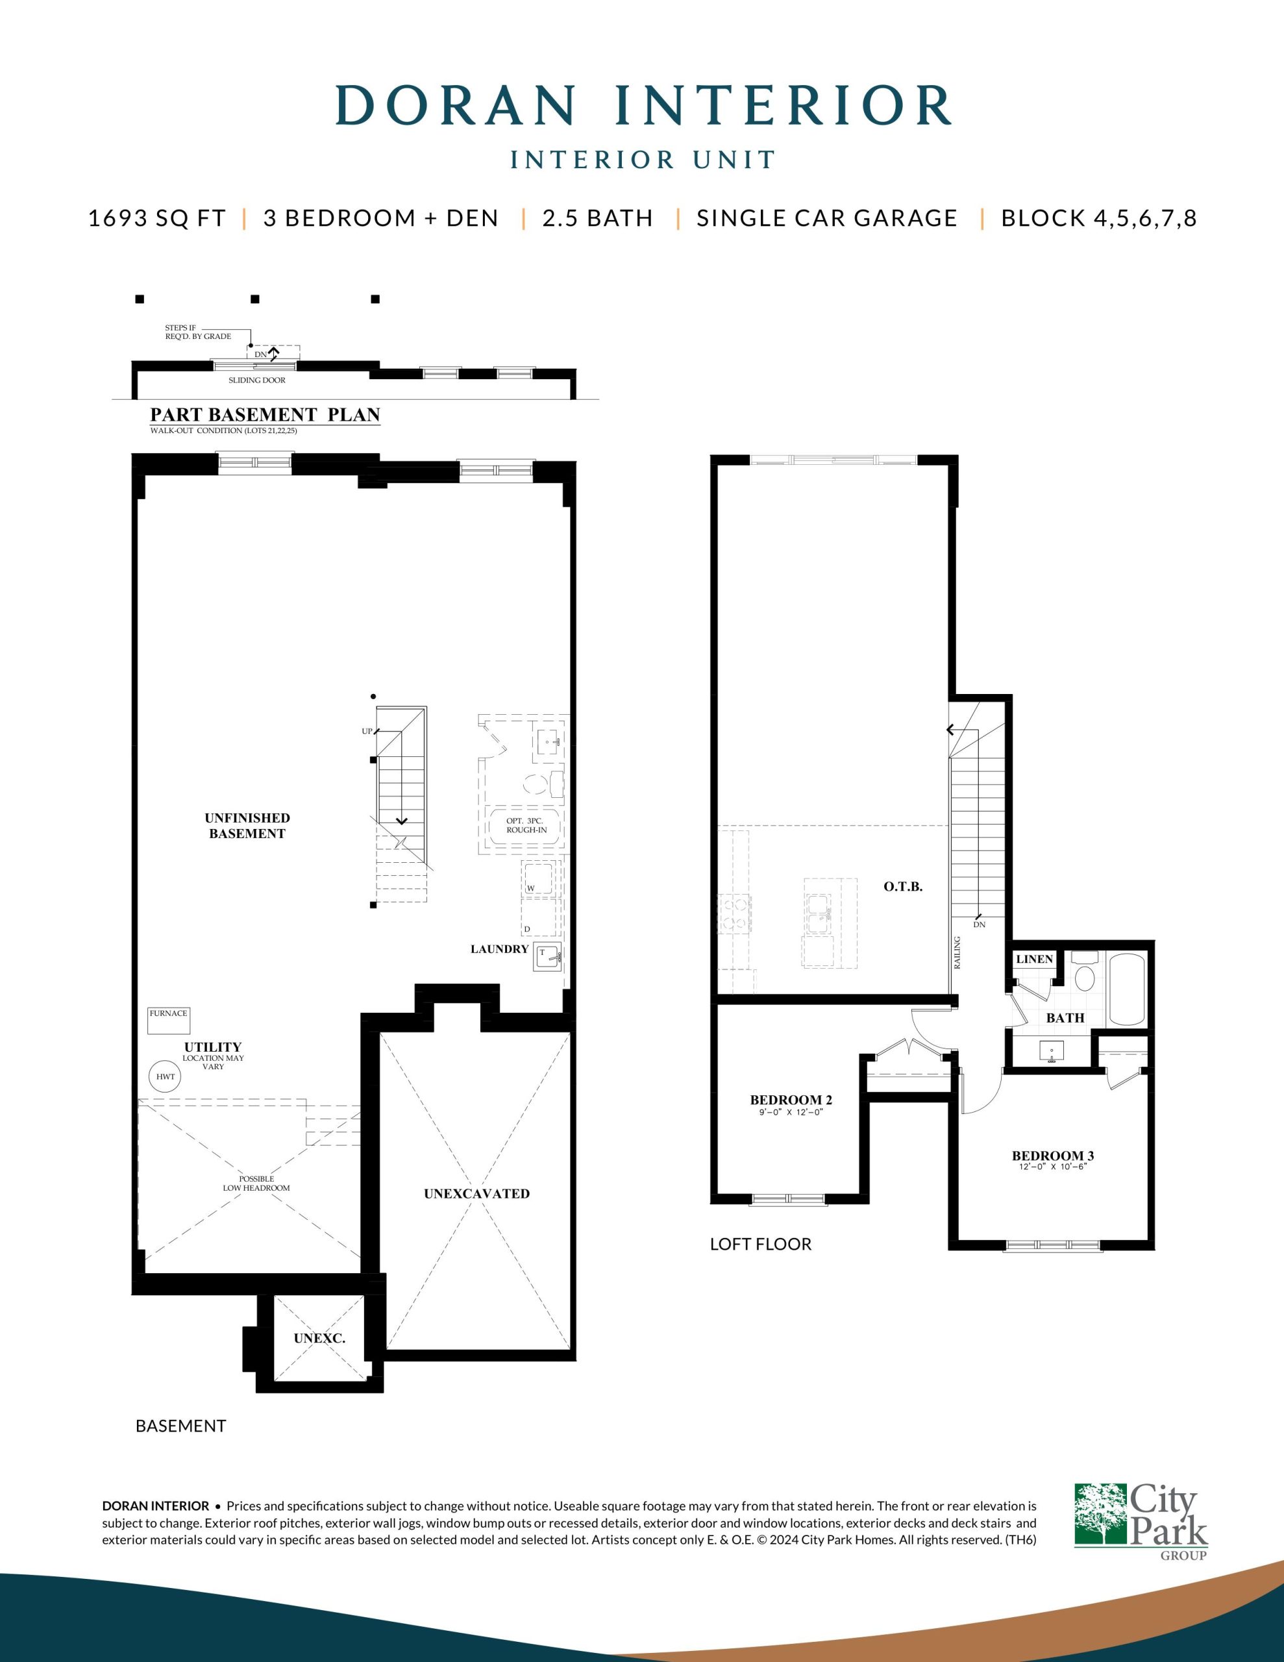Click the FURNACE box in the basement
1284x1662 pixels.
click(169, 1021)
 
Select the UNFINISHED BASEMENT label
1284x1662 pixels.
click(247, 826)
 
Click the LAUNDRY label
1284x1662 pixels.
click(499, 949)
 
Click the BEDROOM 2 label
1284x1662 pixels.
click(791, 1100)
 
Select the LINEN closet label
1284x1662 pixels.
click(1034, 959)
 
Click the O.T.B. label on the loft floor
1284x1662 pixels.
click(903, 887)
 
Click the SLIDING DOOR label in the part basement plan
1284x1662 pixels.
click(256, 380)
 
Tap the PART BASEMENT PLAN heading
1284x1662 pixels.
click(265, 415)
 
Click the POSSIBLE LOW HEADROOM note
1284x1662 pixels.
click(256, 1184)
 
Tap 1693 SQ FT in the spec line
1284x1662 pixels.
click(158, 218)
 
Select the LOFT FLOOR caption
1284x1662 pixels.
click(760, 1244)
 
